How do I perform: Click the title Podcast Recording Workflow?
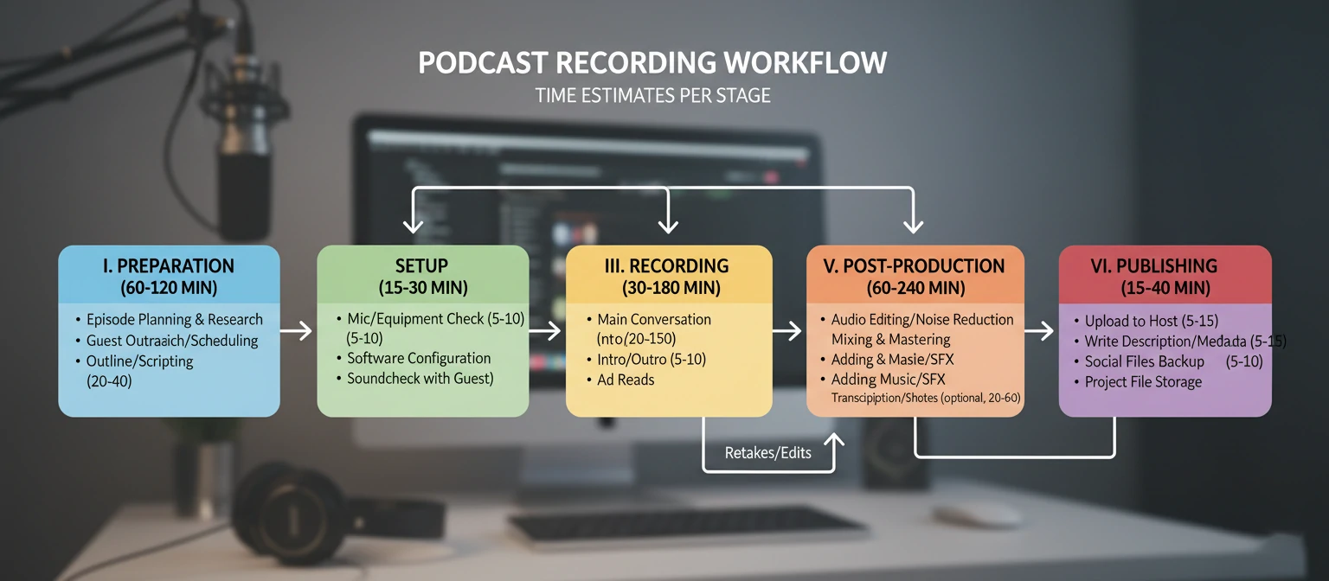(x=652, y=63)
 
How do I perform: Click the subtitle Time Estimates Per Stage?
(x=652, y=95)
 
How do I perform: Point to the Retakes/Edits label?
(x=767, y=452)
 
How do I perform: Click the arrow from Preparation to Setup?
(x=298, y=330)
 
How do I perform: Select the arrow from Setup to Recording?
(x=546, y=330)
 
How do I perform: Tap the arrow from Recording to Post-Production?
(x=787, y=330)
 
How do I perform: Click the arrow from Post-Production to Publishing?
(x=1040, y=330)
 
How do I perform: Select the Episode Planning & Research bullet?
(x=174, y=320)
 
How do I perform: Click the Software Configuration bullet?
(x=419, y=358)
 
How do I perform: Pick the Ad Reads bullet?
(x=626, y=380)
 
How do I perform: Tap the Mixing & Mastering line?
(x=890, y=340)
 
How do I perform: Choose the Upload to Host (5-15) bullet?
(x=1151, y=321)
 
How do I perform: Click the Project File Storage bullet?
(x=1143, y=382)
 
